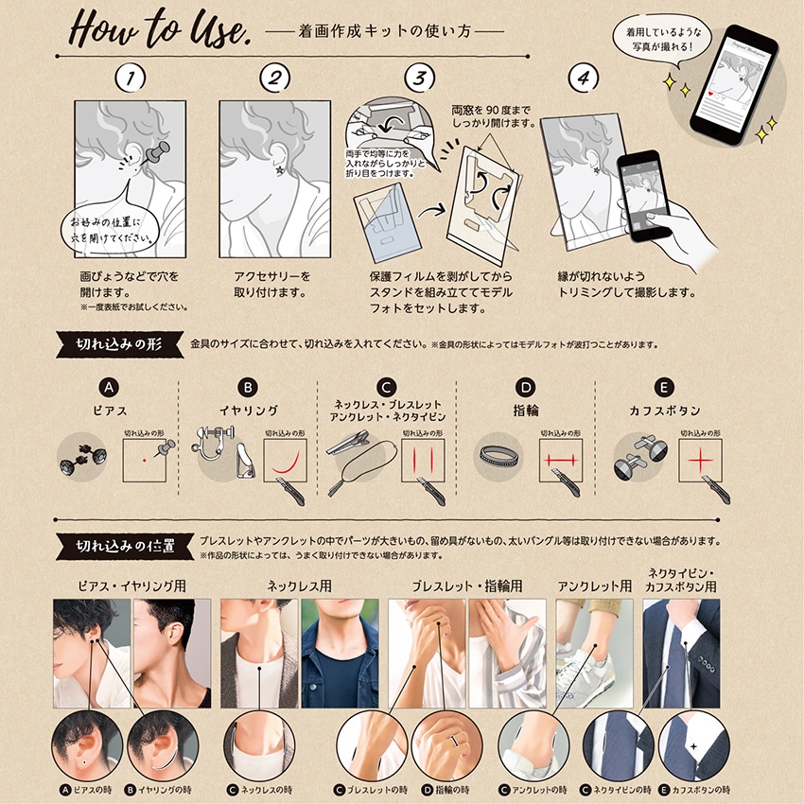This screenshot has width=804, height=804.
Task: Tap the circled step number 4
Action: [x=585, y=79]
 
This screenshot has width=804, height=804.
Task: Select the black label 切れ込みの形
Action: [x=118, y=343]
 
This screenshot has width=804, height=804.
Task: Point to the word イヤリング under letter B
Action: [x=248, y=411]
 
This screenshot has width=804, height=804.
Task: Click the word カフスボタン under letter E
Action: [x=664, y=411]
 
